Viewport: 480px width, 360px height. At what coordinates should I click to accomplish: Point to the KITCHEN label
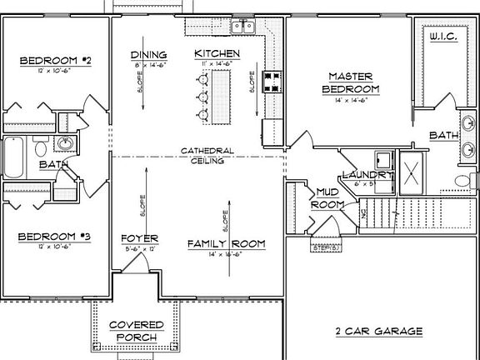(217, 54)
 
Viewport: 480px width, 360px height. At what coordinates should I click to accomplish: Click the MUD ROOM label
(327, 197)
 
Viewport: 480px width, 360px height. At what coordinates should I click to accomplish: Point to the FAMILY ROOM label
(226, 243)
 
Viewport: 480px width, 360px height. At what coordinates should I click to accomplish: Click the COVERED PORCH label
(137, 330)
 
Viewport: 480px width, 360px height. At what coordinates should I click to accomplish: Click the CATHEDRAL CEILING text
(207, 156)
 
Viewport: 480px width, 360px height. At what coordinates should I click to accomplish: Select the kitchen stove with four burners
(271, 82)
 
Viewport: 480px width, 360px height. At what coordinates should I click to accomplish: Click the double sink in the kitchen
(243, 27)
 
